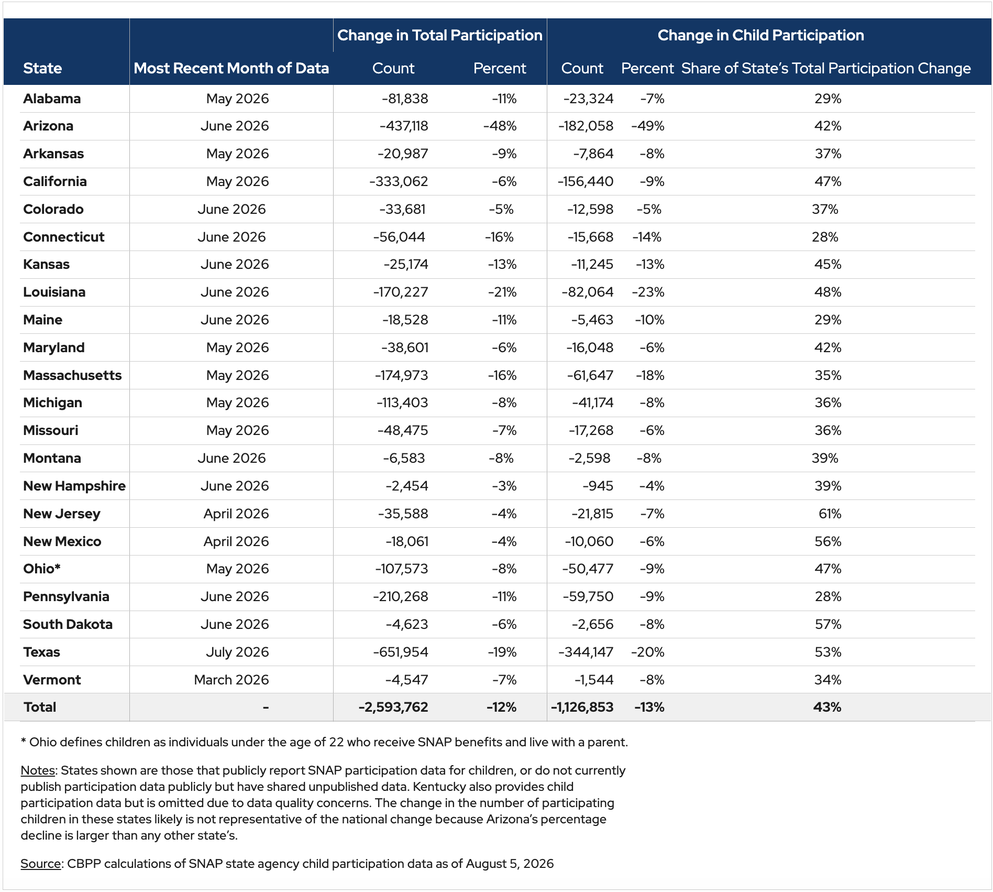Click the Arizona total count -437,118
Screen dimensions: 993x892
404,126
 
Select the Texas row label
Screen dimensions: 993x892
41,652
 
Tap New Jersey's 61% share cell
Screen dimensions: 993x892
830,514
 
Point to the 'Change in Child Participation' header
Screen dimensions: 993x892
760,35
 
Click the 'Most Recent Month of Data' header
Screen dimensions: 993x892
231,68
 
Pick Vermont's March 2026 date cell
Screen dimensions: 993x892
231,680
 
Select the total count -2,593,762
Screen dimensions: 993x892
393,707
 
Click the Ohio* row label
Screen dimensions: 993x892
42,569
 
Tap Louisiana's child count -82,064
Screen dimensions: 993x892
587,292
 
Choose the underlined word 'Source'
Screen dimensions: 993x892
40,864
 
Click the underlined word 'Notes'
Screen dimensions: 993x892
38,770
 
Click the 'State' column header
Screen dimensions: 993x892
42,68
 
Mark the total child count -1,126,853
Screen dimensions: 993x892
582,707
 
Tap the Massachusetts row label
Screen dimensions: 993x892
72,375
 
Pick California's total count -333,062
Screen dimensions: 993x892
399,181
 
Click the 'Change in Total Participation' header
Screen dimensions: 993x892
440,35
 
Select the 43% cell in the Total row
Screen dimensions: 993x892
827,707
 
